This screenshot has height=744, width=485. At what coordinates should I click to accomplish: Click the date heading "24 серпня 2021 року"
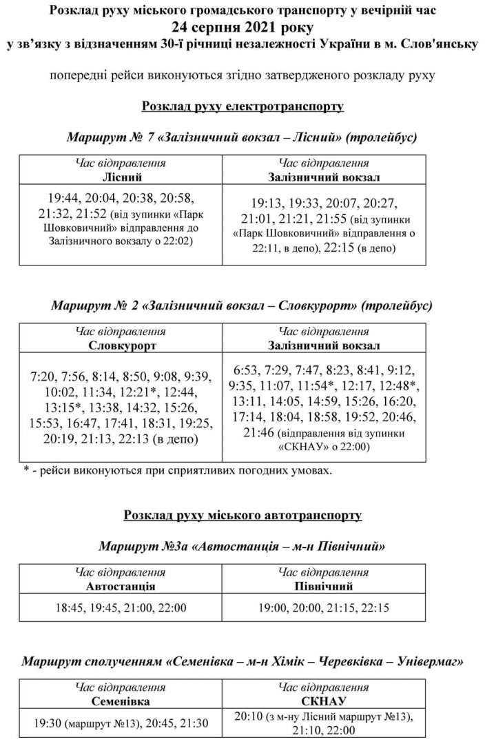tap(242, 28)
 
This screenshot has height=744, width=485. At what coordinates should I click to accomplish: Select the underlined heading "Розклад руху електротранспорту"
tap(242, 108)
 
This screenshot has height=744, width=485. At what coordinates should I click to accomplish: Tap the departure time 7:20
tap(44, 377)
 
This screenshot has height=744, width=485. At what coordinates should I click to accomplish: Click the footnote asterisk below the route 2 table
tap(26, 471)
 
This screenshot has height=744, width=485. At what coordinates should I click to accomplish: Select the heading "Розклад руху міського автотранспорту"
tap(242, 515)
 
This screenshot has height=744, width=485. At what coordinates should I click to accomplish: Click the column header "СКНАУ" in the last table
tap(323, 701)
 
